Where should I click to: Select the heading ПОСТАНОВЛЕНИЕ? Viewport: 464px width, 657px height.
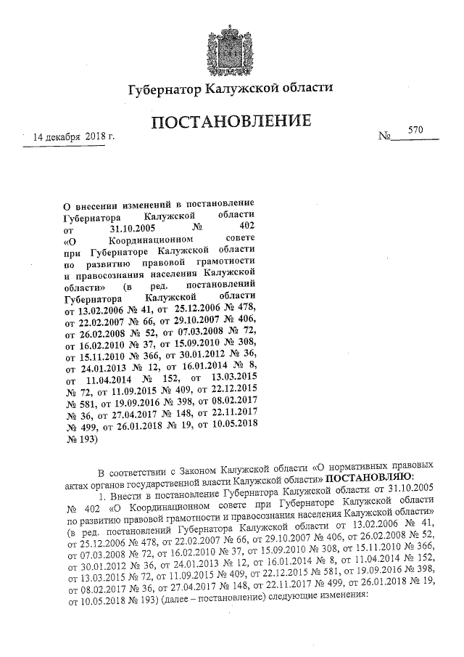231,121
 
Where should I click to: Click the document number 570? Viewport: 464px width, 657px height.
415,129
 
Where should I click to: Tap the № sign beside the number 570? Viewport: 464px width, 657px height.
385,136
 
